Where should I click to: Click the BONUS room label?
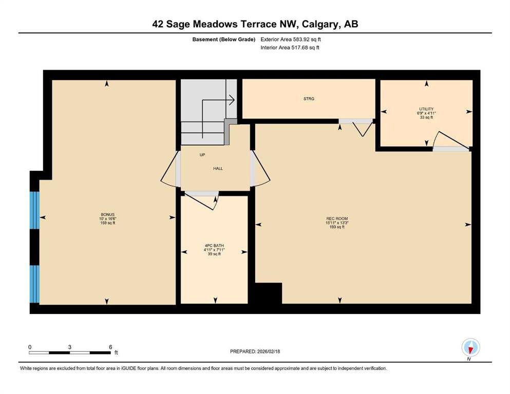click(x=107, y=215)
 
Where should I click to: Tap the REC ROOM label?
click(x=337, y=219)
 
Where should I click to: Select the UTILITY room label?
click(x=426, y=109)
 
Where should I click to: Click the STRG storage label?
click(x=309, y=98)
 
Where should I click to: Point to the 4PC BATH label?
click(x=214, y=246)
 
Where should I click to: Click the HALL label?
click(x=218, y=169)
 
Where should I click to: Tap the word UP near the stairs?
click(x=202, y=155)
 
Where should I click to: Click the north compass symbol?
click(x=470, y=347)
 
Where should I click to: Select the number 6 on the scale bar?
click(x=110, y=347)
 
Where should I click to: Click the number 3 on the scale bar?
click(x=70, y=347)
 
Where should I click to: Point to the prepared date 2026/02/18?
click(x=268, y=351)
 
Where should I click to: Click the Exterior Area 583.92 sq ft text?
click(x=291, y=40)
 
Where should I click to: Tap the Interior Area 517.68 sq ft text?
click(x=290, y=47)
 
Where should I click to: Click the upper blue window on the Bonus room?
click(x=34, y=210)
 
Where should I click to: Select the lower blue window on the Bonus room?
click(x=34, y=284)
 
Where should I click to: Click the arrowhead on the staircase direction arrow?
click(x=232, y=100)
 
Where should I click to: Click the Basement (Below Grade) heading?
click(x=224, y=40)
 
